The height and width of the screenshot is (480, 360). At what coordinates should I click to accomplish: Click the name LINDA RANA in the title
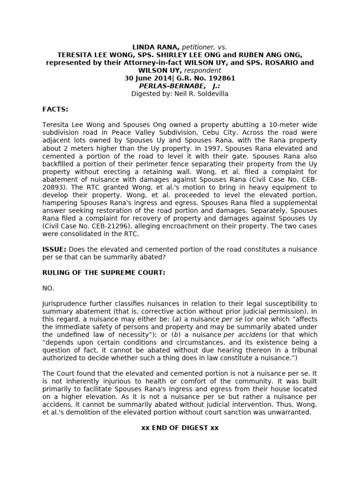click(152, 47)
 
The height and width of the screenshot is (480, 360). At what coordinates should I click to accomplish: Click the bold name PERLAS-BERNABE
click(172, 86)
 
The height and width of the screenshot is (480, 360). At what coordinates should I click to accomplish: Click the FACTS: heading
click(55, 109)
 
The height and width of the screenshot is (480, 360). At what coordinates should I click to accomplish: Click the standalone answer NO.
click(49, 288)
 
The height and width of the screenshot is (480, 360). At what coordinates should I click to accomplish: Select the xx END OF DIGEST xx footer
click(180, 428)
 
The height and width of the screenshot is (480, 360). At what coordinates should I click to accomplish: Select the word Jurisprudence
click(65, 304)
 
